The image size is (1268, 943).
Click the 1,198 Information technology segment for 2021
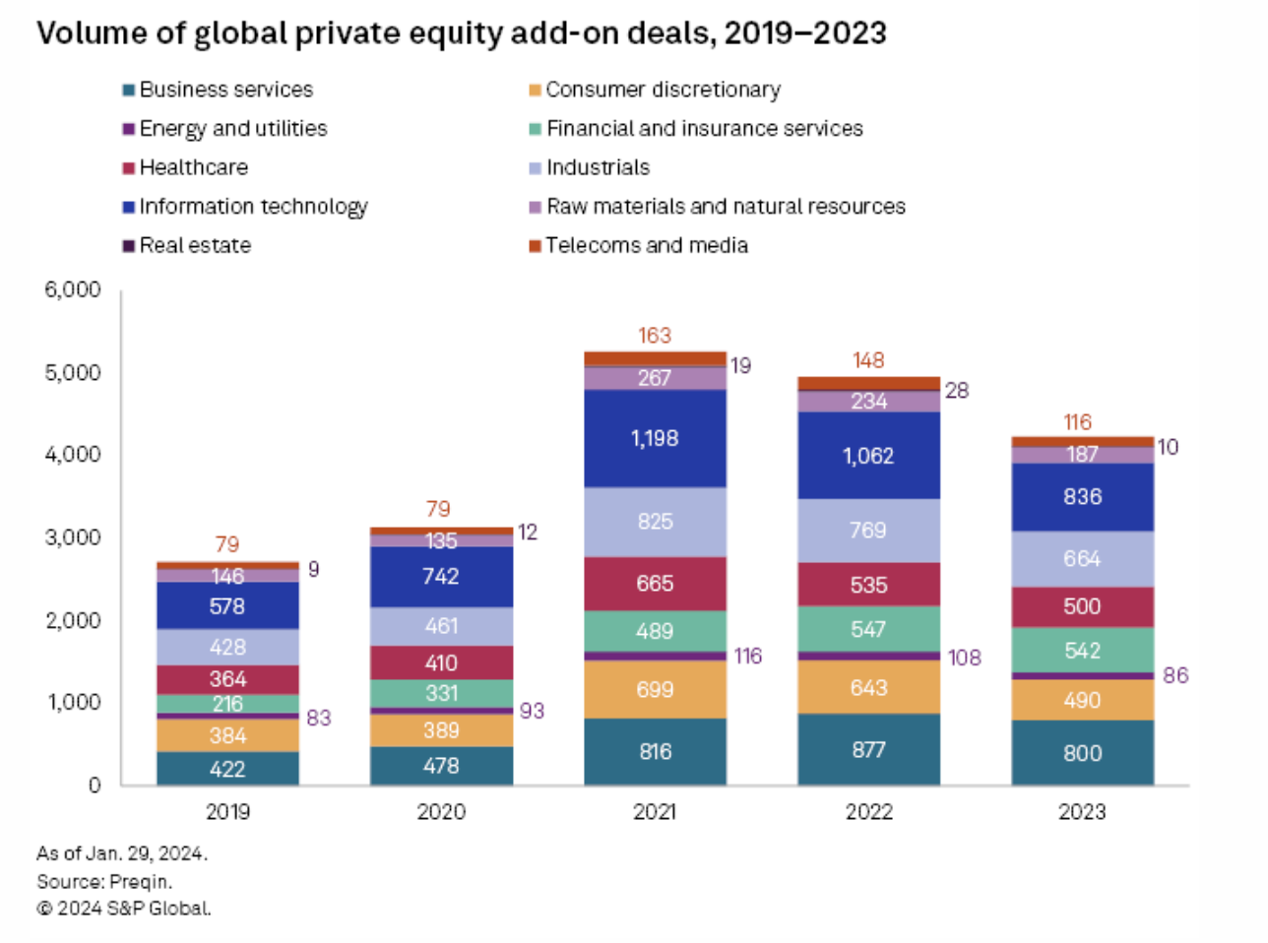[x=655, y=438]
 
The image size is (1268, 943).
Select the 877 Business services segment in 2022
[x=868, y=750]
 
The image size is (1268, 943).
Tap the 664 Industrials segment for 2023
[x=1082, y=559]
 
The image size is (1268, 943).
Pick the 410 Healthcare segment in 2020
[x=441, y=662]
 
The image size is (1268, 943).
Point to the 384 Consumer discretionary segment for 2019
[x=227, y=735]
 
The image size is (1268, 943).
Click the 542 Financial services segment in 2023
[x=1082, y=651]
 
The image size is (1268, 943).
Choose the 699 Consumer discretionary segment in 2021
[x=655, y=689]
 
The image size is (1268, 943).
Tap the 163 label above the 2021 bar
[x=655, y=336]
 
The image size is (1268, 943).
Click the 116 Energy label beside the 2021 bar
[x=748, y=656]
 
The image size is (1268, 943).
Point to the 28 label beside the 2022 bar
[x=957, y=391]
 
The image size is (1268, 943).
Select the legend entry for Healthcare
[x=193, y=167]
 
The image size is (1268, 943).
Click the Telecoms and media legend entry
[x=646, y=245]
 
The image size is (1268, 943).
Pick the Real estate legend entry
[x=195, y=245]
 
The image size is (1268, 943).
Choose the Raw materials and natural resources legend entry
[x=725, y=207]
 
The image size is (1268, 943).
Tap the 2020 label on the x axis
[x=441, y=812]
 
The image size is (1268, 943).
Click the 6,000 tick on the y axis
[x=73, y=289]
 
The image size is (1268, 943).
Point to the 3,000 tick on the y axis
[x=73, y=537]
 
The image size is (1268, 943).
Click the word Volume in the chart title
[x=92, y=33]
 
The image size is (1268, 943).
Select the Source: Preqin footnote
[x=104, y=881]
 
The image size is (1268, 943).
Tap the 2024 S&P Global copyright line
[x=124, y=909]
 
